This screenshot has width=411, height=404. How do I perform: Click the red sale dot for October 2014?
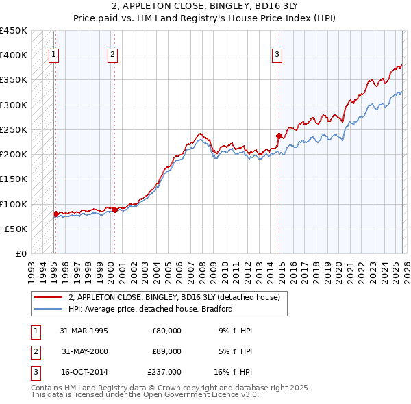pyautogui.click(x=279, y=136)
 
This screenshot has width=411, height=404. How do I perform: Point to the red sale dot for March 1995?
pyautogui.click(x=55, y=214)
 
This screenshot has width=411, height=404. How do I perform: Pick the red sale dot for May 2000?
pyautogui.click(x=114, y=210)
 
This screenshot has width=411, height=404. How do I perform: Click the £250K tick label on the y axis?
pyautogui.click(x=13, y=129)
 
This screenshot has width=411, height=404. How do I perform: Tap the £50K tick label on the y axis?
pyautogui.click(x=16, y=229)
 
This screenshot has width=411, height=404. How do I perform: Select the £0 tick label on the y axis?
pyautogui.click(x=21, y=253)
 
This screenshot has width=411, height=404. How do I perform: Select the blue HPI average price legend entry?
pyautogui.click(x=151, y=309)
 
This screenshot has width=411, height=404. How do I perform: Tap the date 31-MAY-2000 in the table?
pyautogui.click(x=85, y=351)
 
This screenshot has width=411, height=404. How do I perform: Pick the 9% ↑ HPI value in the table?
pyautogui.click(x=234, y=330)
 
